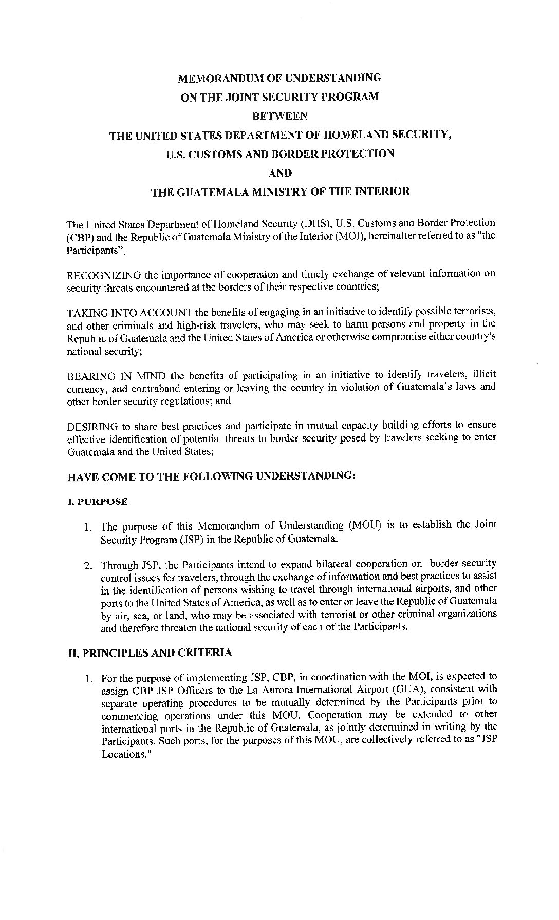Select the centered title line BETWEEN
coord(280,116)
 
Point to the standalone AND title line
coord(280,172)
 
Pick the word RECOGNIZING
coord(97,275)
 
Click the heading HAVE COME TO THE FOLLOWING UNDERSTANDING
coord(211,476)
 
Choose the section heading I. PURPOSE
coord(98,502)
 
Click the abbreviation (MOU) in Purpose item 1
coord(364,525)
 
